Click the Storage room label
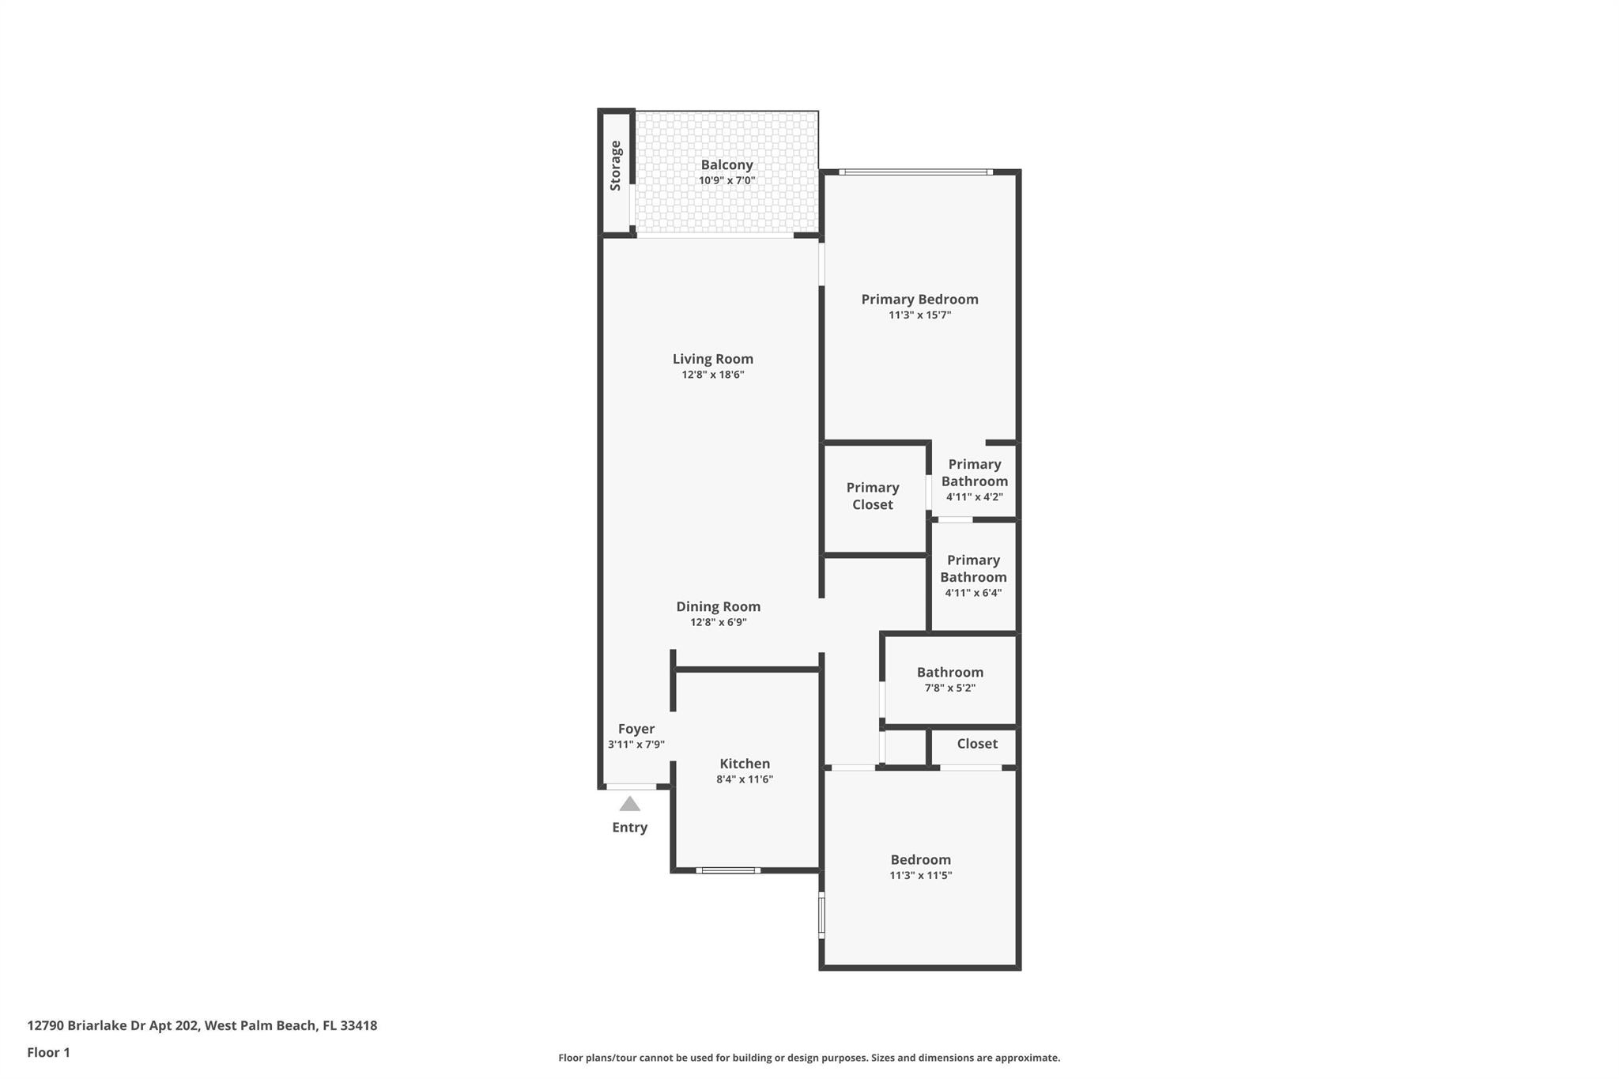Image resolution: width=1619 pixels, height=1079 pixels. click(615, 166)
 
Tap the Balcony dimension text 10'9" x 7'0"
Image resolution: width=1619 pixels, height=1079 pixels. click(726, 180)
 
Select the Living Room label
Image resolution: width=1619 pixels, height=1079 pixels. click(712, 359)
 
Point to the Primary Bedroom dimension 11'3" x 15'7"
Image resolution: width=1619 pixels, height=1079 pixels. click(919, 315)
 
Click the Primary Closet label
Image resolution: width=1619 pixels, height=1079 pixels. click(873, 496)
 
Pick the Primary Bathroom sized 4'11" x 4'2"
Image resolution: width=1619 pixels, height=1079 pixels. click(974, 480)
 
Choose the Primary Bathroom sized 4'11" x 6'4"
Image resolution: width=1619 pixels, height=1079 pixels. click(973, 576)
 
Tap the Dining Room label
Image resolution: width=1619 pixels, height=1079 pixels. click(718, 606)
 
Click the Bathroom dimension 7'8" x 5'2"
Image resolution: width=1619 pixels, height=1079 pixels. click(949, 688)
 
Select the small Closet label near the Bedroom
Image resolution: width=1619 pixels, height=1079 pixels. click(977, 744)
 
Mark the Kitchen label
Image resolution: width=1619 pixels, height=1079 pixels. click(744, 764)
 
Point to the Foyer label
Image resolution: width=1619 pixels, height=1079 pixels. click(636, 729)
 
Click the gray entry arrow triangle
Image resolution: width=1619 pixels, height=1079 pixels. click(629, 805)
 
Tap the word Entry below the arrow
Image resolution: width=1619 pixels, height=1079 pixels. click(629, 828)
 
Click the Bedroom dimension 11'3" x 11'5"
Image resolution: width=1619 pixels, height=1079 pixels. click(920, 875)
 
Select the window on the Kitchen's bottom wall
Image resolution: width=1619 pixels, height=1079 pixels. click(728, 870)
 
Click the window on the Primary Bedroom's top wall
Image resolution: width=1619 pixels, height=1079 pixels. click(915, 172)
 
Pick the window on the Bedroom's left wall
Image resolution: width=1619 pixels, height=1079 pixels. click(821, 915)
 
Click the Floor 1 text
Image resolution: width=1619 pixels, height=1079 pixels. click(48, 1052)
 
